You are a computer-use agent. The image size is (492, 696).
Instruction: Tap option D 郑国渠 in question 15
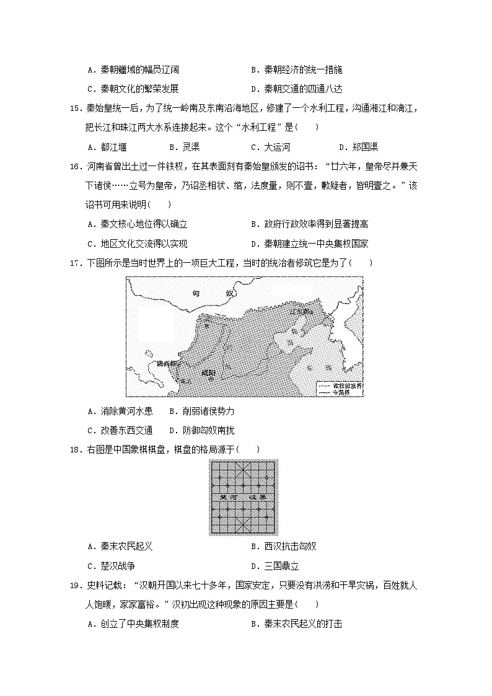[359, 147]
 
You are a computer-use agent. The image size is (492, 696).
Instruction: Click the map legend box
[340, 389]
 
